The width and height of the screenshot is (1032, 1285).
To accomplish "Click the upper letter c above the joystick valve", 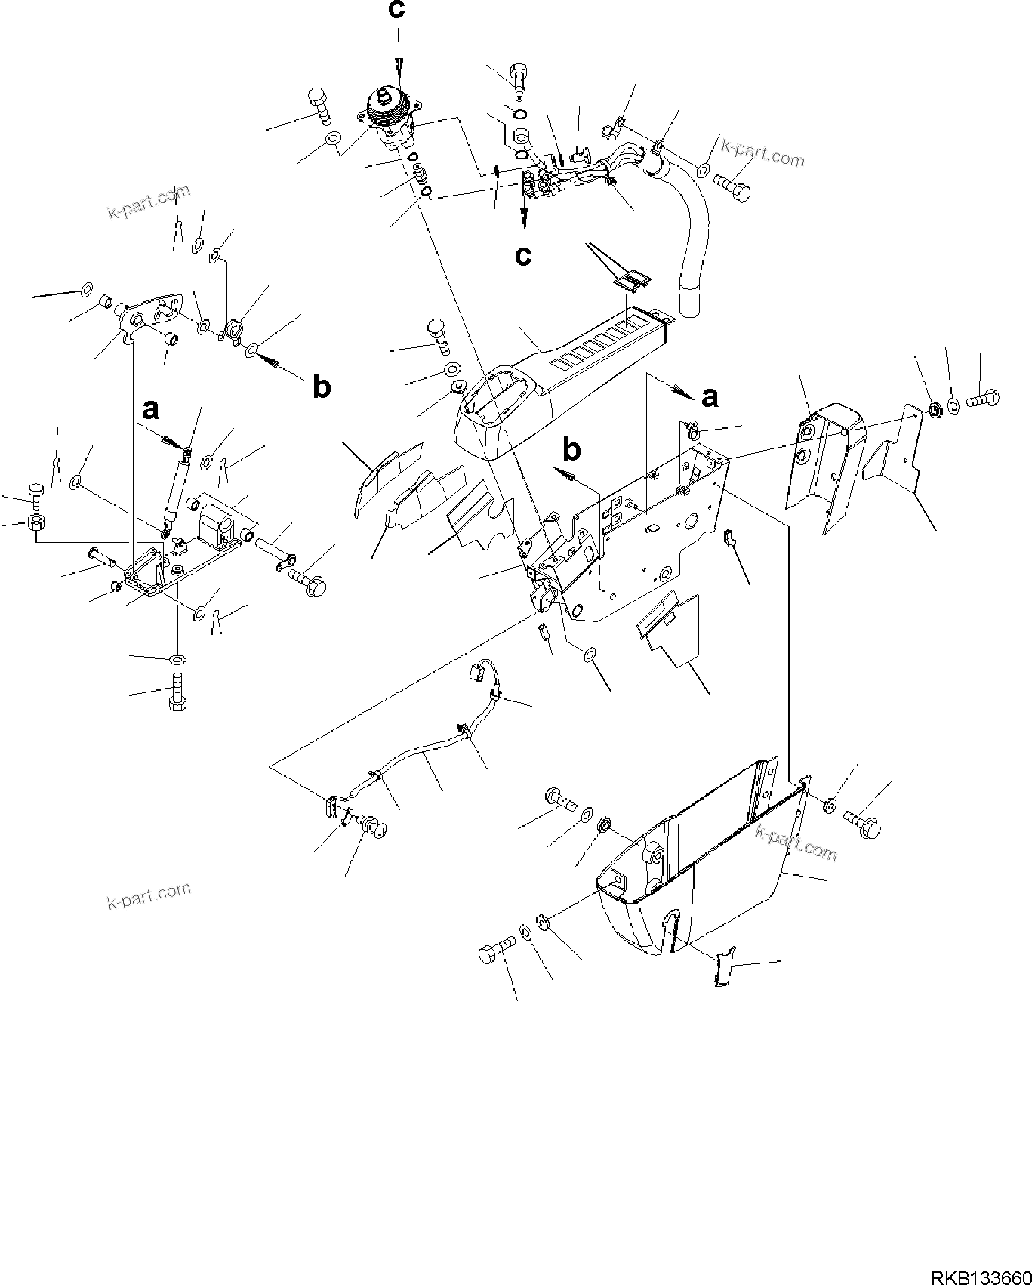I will click(396, 11).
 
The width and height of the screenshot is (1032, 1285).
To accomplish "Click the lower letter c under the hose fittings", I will click(523, 255).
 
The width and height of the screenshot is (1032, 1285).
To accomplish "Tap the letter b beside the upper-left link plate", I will click(322, 387).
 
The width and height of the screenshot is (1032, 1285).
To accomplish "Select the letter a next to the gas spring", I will click(151, 410).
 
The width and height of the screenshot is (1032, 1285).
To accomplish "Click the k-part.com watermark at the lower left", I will click(148, 895).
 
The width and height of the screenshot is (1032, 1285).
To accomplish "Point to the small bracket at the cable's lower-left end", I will click(331, 807).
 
